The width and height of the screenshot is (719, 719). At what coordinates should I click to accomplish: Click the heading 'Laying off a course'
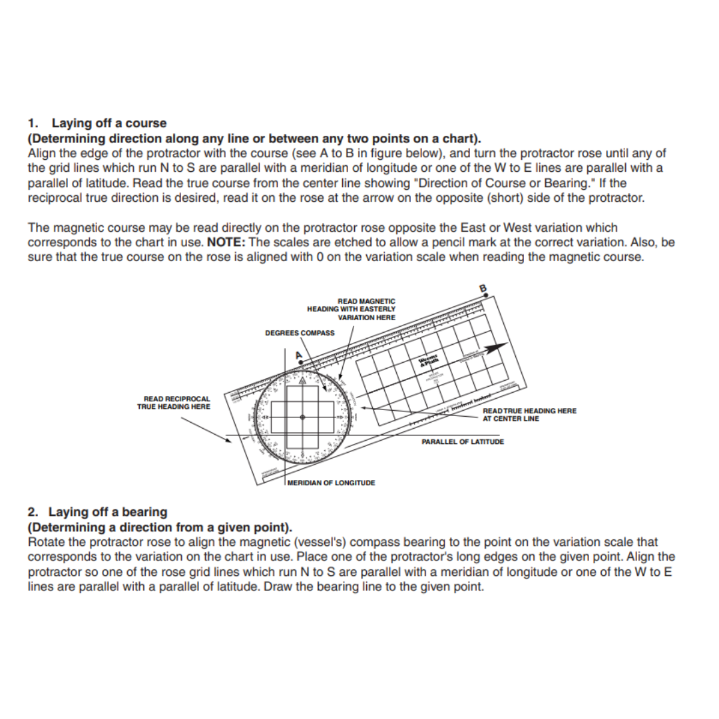109,123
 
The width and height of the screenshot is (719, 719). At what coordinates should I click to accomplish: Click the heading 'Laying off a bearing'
109,512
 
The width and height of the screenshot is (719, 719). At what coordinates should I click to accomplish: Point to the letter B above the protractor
483,288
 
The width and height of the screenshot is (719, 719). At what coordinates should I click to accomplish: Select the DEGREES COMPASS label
300,333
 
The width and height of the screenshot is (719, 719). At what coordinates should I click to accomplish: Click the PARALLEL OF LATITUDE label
463,442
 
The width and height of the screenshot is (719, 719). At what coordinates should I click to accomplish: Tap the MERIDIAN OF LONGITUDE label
331,483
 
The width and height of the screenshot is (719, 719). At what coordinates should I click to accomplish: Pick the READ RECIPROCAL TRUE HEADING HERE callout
174,403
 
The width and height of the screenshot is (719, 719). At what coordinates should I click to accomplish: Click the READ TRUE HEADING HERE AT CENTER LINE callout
529,415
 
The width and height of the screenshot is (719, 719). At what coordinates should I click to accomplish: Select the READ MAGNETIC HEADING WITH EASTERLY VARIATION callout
352,310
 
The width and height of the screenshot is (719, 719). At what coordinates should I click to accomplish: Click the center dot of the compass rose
302,417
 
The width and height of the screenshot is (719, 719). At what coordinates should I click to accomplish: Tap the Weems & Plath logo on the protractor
429,361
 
